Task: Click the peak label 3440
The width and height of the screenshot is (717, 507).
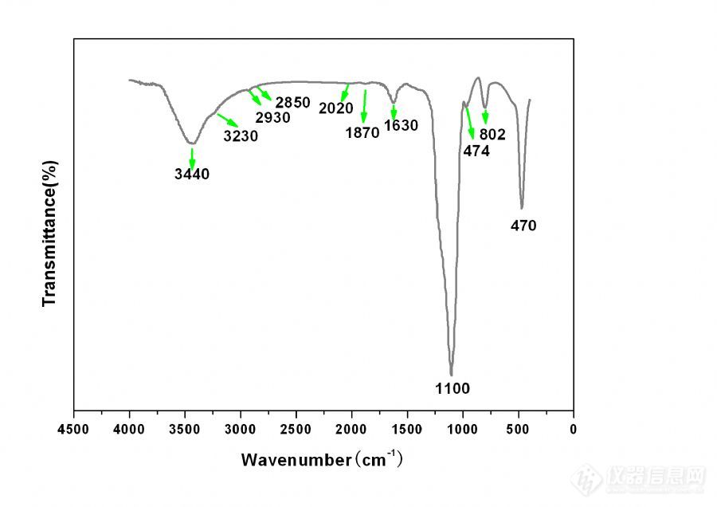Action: (191, 174)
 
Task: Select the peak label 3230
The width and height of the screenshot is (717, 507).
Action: (241, 136)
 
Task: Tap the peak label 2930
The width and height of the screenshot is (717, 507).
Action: (272, 118)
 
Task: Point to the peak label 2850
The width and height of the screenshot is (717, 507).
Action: (292, 102)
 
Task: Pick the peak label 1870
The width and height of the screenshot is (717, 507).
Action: (362, 133)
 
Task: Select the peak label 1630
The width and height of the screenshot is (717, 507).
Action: (401, 125)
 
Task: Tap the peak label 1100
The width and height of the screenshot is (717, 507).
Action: (453, 389)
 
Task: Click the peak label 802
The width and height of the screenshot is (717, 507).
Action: (492, 135)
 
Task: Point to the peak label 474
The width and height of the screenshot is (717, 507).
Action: (476, 151)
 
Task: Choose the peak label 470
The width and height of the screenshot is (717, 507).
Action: (523, 226)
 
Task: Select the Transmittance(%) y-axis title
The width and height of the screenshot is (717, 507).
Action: (49, 233)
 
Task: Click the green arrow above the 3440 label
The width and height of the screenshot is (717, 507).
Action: (192, 157)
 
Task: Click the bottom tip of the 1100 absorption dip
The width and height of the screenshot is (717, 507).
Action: (451, 375)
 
